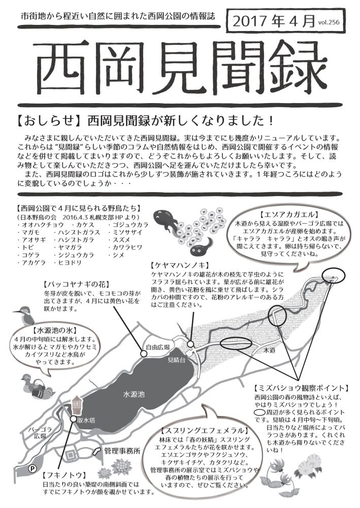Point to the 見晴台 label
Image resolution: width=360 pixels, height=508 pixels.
coord(176,360)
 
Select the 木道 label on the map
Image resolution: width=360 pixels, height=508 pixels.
coord(269,350)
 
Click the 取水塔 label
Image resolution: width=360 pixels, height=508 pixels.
coord(86,420)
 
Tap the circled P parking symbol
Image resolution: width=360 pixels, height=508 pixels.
coord(32,468)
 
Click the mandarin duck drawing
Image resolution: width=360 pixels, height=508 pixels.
coord(38,385)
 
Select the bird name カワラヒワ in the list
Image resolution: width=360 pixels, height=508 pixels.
coord(124,247)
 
